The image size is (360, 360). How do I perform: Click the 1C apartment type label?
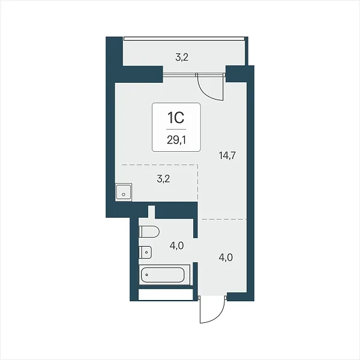point(176,118)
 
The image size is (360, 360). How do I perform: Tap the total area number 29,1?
point(176,140)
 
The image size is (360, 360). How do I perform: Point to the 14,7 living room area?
point(227,155)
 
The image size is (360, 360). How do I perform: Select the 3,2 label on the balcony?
point(182,57)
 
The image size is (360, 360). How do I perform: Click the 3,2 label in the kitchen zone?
point(163,179)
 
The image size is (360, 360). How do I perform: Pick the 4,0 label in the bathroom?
point(176,245)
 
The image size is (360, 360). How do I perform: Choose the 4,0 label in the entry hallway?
point(226,257)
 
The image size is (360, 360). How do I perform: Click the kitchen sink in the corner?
point(124,192)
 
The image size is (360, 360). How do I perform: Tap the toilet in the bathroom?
point(149,232)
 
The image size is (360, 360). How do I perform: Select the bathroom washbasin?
point(145,252)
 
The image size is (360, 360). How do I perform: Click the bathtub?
point(164,275)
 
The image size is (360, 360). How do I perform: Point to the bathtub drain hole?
point(146,275)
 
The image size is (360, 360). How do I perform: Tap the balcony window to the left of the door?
point(179,74)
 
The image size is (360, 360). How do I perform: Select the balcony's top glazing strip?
point(184,39)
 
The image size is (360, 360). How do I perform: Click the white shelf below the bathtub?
point(166,295)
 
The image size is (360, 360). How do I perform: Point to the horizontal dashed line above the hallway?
point(224,220)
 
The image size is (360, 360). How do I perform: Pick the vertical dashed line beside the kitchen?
point(197,182)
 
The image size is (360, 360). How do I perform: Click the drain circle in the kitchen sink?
point(124,194)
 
